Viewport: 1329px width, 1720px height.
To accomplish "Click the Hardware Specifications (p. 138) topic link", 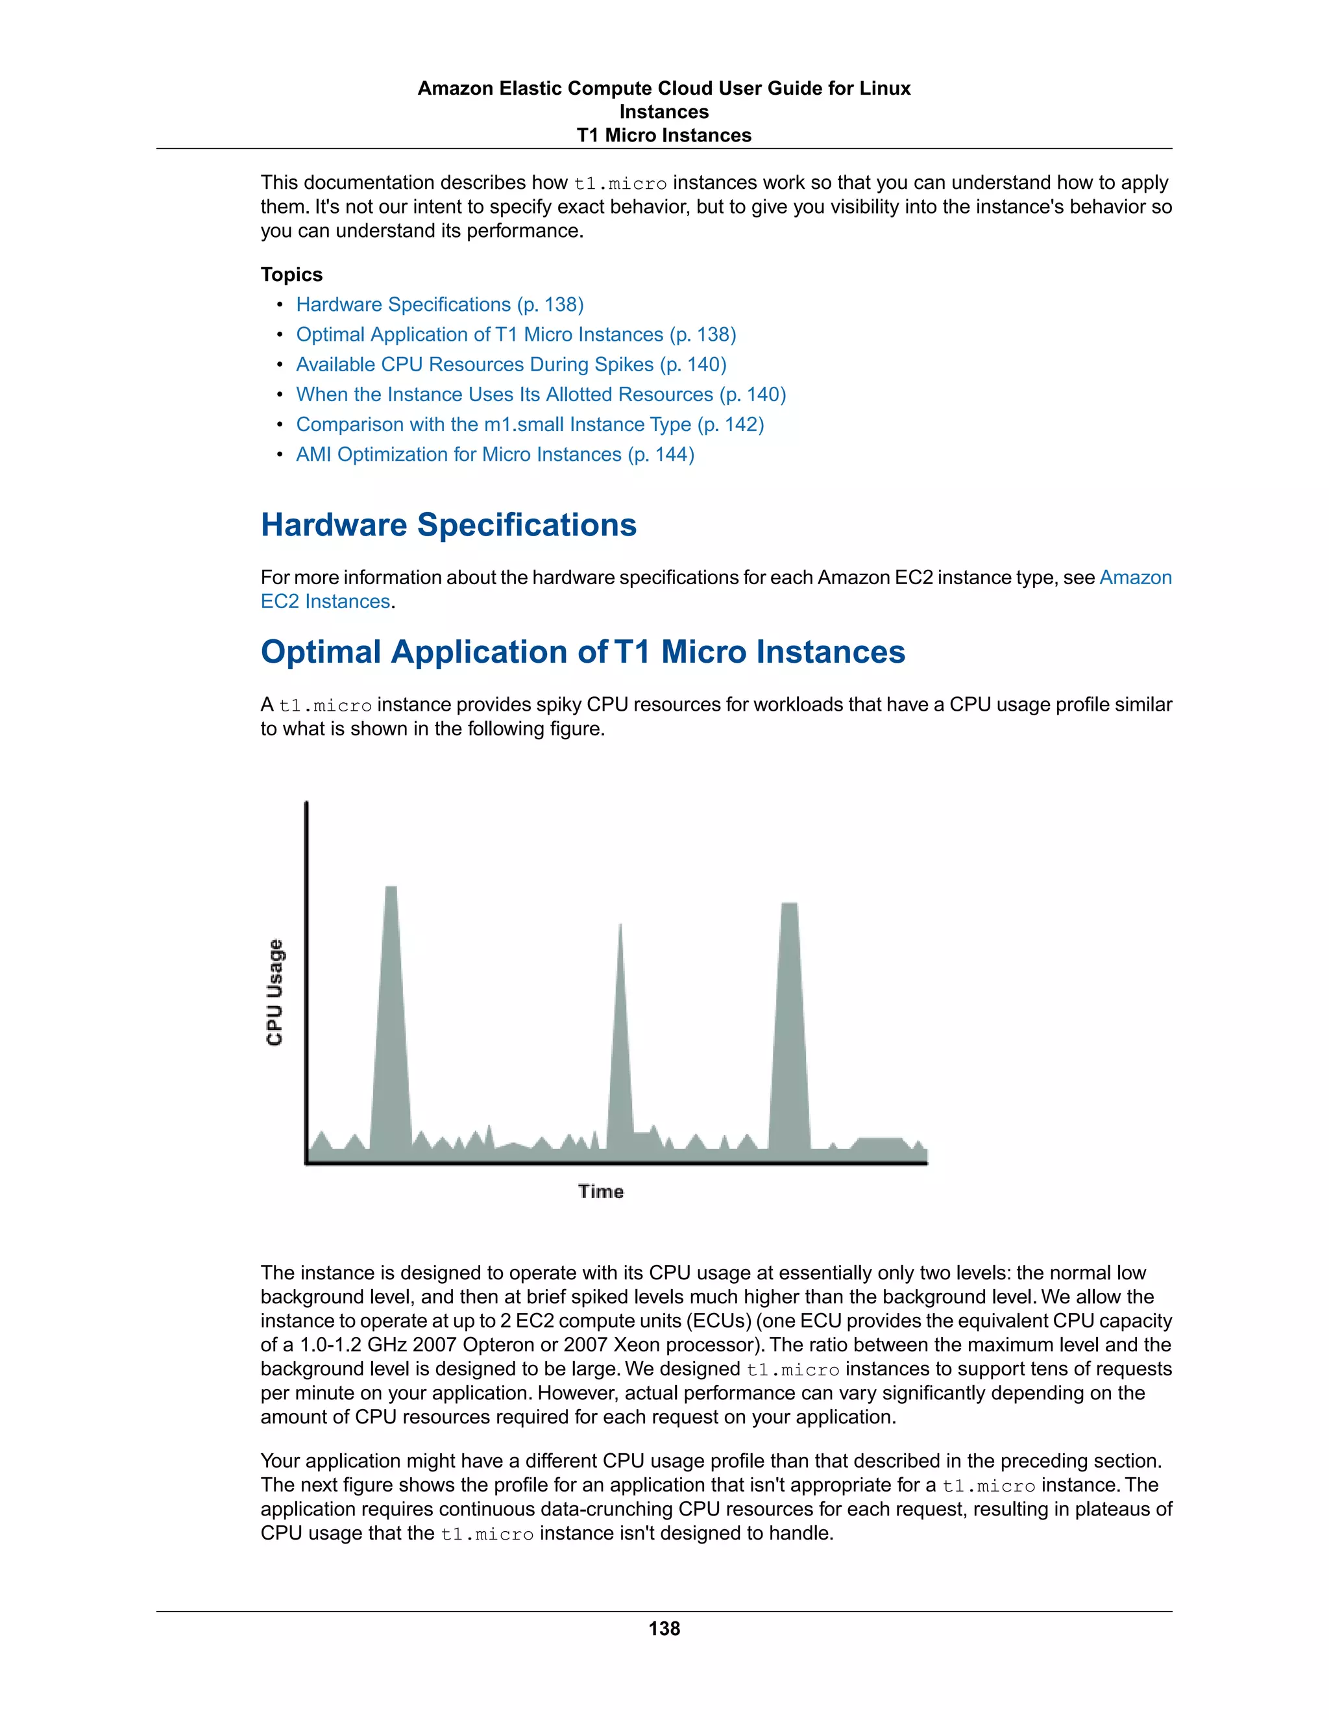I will click(439, 305).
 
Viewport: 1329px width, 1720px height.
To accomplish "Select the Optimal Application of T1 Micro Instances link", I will click(516, 335).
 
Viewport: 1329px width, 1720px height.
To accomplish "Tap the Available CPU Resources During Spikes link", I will click(511, 365).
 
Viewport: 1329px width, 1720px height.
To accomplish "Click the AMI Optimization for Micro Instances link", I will click(494, 454).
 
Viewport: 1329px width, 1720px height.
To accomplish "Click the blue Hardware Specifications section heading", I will click(448, 525).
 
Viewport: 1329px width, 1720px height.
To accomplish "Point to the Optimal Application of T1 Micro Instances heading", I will click(583, 652).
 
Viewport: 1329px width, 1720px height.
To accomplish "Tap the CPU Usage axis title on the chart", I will click(274, 992).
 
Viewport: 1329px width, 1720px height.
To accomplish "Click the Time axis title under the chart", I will click(601, 1192).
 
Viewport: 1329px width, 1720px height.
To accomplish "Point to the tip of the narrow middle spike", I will click(620, 926).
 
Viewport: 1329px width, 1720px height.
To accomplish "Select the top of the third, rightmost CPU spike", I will click(789, 905).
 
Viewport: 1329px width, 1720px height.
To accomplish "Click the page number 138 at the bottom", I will click(664, 1628).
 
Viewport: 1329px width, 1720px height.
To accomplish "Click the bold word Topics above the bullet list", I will click(291, 275).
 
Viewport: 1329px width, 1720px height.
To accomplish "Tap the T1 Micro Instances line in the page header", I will click(664, 136).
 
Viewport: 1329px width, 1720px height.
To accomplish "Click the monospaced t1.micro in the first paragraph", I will click(620, 184).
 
